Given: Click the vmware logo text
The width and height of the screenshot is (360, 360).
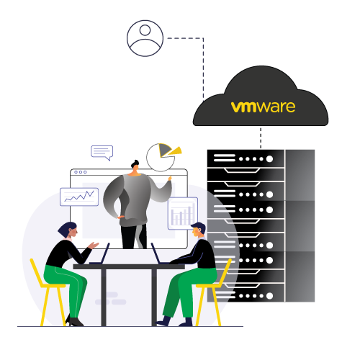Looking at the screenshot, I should tap(264, 107).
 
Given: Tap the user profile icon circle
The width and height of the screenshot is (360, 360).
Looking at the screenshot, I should tap(145, 38).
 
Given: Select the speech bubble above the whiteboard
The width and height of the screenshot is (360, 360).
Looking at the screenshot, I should tap(102, 152).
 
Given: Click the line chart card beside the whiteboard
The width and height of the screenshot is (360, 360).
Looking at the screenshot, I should tap(78, 196).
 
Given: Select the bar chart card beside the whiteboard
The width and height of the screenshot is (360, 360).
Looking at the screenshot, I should tap(182, 213).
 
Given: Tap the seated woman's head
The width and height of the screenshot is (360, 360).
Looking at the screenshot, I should tap(67, 230).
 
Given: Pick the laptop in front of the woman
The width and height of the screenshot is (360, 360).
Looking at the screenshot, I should tap(100, 255).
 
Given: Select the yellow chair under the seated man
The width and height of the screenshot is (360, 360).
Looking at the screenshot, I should tap(216, 292).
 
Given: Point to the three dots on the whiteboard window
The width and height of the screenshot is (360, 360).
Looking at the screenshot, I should tap(79, 172).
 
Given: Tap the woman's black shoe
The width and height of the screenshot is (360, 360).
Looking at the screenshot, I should tap(75, 322).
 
